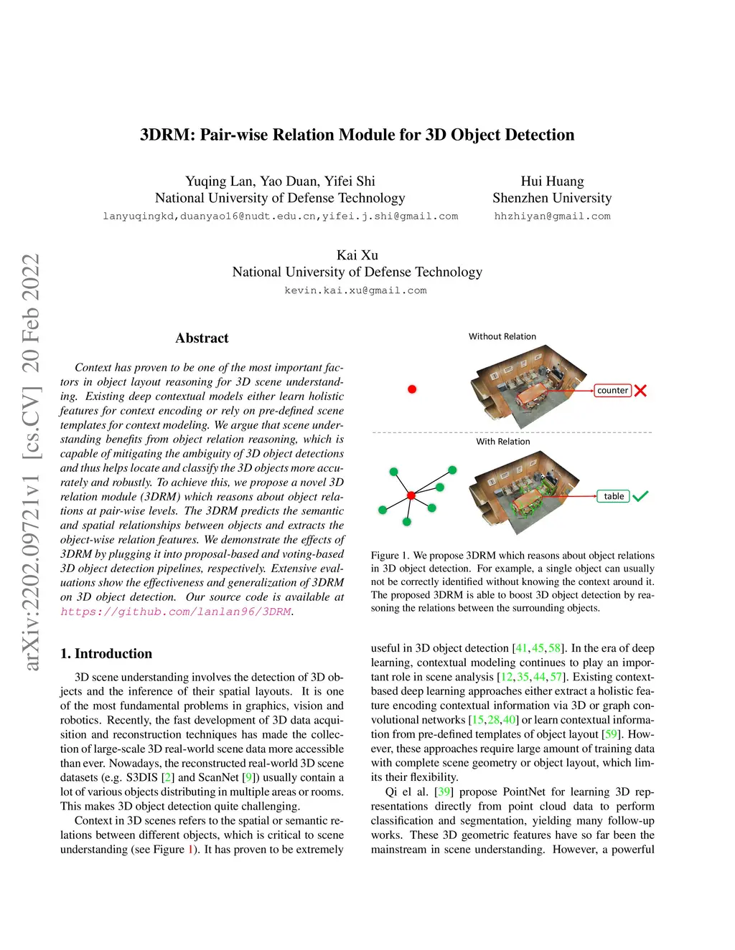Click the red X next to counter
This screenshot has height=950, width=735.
click(640, 391)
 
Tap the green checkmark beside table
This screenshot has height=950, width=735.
click(640, 496)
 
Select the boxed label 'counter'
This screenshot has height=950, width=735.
click(612, 391)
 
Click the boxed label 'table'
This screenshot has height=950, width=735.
click(614, 496)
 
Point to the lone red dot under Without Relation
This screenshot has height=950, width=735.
click(412, 389)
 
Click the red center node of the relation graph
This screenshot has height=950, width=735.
click(411, 495)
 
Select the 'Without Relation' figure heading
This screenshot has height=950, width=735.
click(502, 336)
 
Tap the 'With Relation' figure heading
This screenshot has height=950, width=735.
click(503, 442)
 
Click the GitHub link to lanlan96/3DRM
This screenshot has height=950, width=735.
click(176, 612)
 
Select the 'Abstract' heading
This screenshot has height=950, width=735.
click(202, 338)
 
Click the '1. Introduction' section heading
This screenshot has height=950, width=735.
click(106, 654)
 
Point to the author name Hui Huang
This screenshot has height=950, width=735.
click(552, 181)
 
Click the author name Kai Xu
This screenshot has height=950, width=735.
click(357, 255)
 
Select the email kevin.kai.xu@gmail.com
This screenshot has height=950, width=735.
click(355, 290)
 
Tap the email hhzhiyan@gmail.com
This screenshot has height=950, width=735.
click(552, 216)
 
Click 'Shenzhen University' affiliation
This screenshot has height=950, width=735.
click(552, 198)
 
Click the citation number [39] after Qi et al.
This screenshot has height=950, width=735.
click(444, 792)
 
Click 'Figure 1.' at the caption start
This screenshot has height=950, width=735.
click(390, 556)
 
